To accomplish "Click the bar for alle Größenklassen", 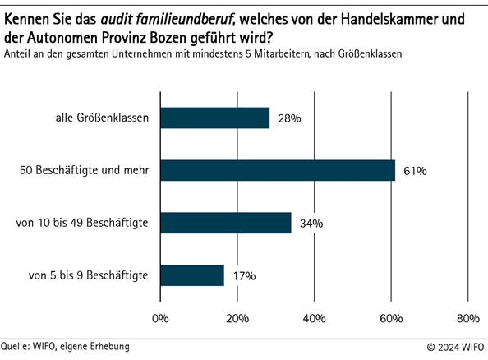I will (214, 118).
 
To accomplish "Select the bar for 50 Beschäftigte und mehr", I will (278, 170).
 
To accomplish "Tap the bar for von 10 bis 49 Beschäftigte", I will (226, 223).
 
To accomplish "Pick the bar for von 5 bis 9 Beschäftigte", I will (192, 275).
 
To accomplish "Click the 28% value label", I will (289, 118).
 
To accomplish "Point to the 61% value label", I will (415, 171).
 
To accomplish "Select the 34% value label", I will (311, 224).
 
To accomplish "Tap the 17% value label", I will (244, 276).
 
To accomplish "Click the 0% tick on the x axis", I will (160, 318).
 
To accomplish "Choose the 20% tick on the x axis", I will (237, 318).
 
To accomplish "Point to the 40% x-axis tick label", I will (314, 318).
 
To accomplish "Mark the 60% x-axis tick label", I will (391, 318).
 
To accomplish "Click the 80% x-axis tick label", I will (467, 318).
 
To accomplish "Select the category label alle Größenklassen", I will (96, 118).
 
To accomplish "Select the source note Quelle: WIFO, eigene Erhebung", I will (65, 347).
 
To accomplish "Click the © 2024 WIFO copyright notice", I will (455, 348).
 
